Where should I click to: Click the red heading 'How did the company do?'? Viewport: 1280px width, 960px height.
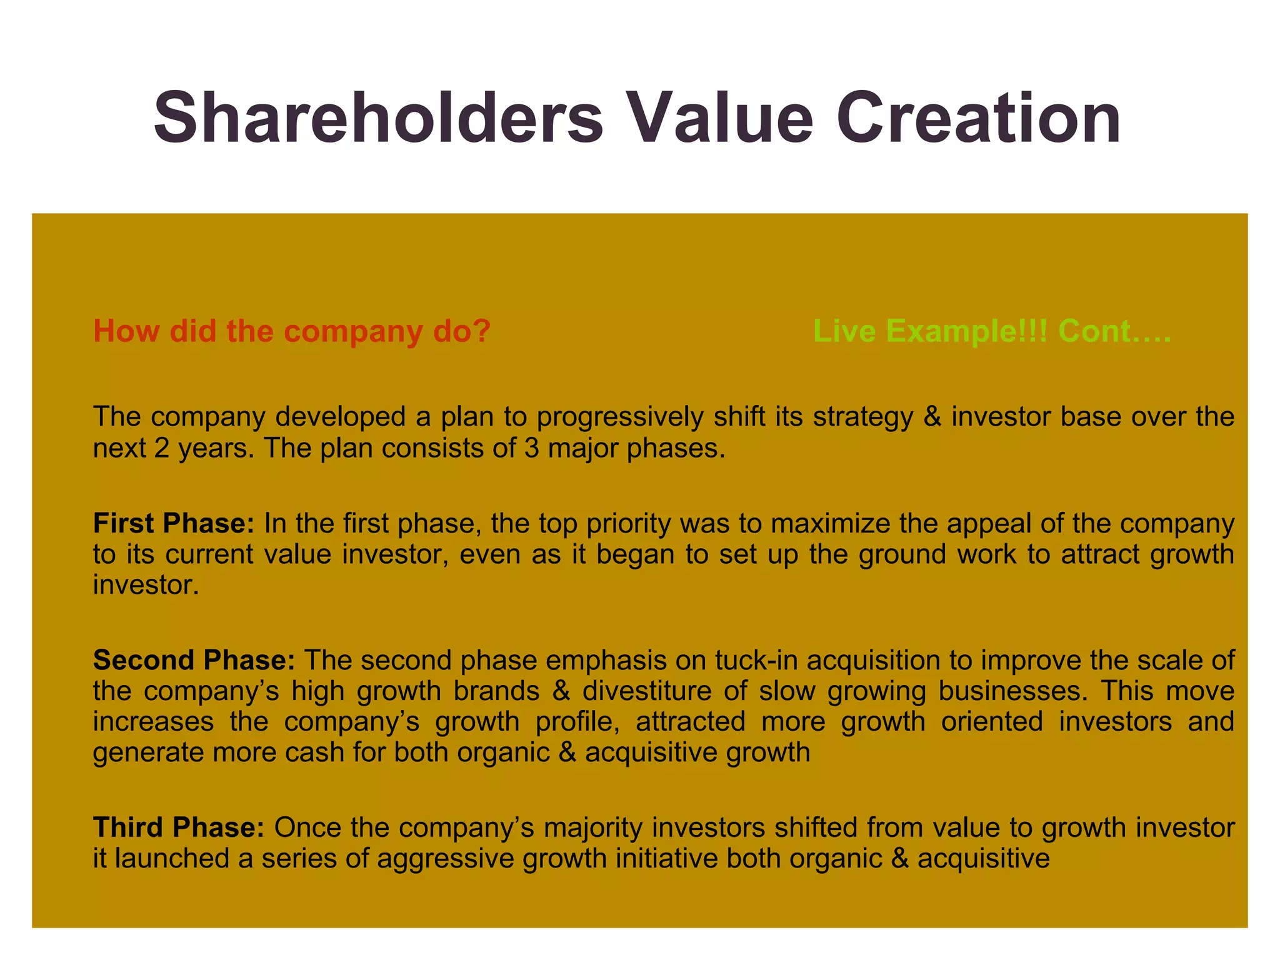[292, 331]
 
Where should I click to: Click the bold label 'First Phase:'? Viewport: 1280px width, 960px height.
[174, 523]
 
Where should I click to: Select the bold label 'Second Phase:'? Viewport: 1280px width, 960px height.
[194, 660]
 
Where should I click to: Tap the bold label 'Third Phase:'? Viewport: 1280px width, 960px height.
[179, 827]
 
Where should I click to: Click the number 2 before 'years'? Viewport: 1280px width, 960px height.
[162, 448]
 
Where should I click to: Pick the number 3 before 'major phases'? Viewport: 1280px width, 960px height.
[531, 448]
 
